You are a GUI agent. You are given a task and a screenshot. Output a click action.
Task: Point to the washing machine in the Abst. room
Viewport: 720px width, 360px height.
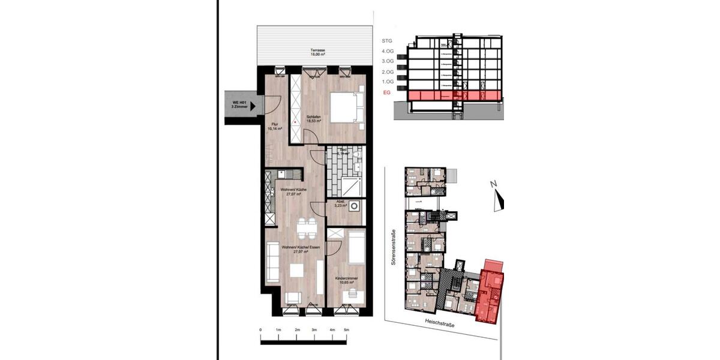(356, 206)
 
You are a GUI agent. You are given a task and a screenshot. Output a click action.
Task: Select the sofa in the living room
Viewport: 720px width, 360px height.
(272, 262)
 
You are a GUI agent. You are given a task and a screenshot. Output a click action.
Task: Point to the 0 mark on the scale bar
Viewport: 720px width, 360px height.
(261, 331)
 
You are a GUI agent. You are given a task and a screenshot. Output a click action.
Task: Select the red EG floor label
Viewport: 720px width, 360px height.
(386, 94)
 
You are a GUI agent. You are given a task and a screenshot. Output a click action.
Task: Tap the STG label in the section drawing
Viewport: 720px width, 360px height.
(387, 41)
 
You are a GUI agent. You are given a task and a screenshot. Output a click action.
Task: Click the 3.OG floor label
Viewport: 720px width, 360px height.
(387, 61)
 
